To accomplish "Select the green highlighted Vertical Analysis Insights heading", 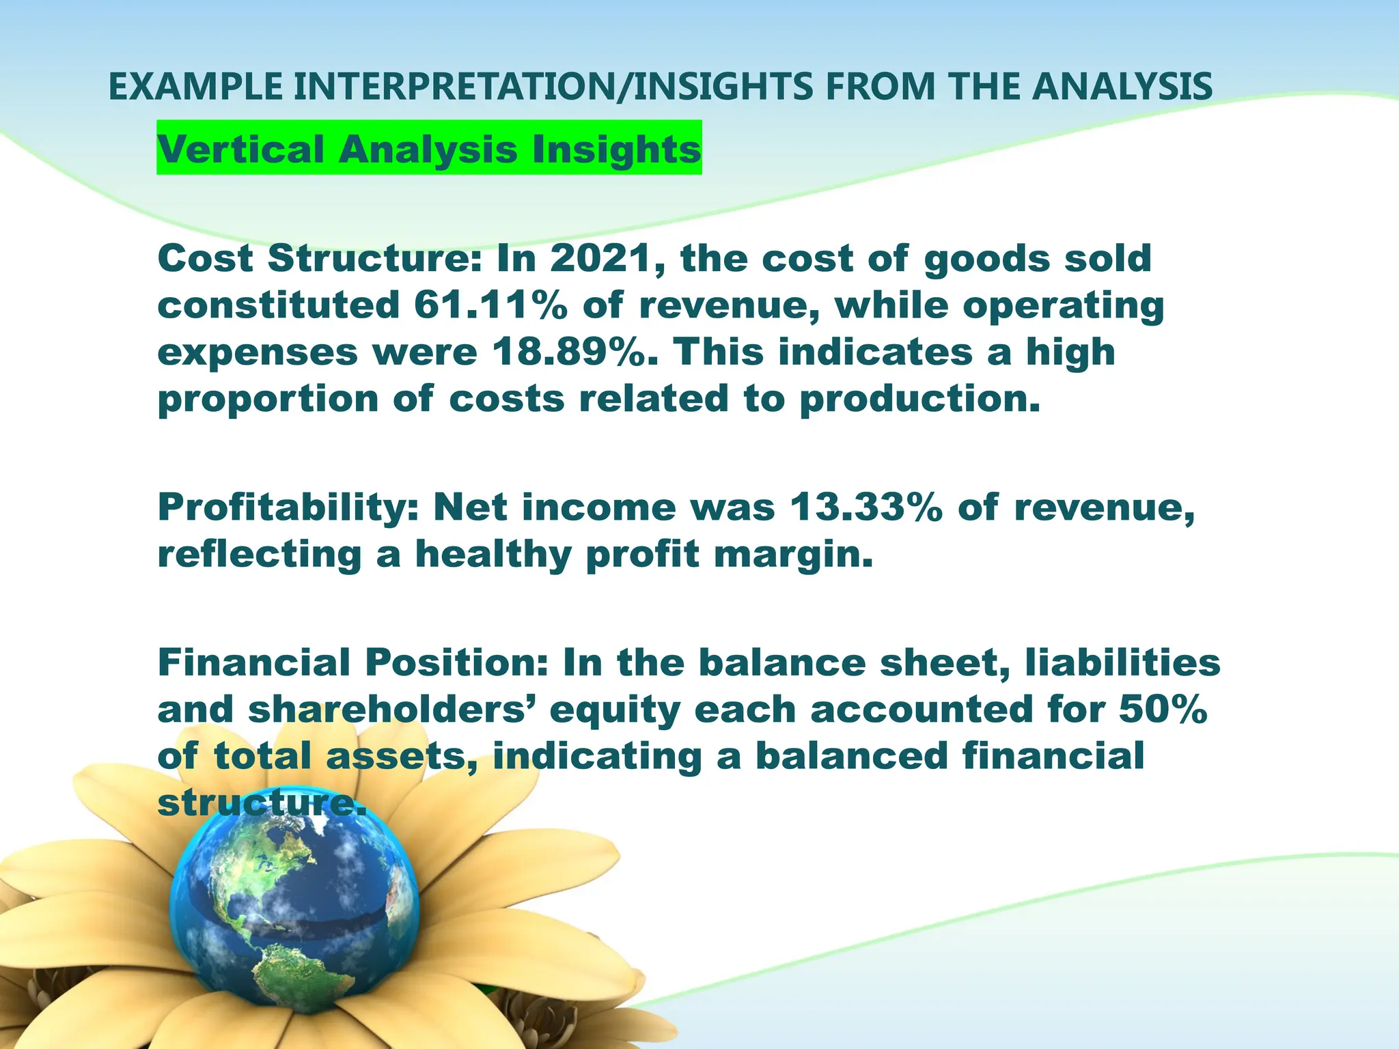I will coord(429,148).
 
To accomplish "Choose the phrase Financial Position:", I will coord(352,663).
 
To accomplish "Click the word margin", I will coord(793,555).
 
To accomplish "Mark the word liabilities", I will coord(1122,663).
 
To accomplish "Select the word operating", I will coord(1063,305).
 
